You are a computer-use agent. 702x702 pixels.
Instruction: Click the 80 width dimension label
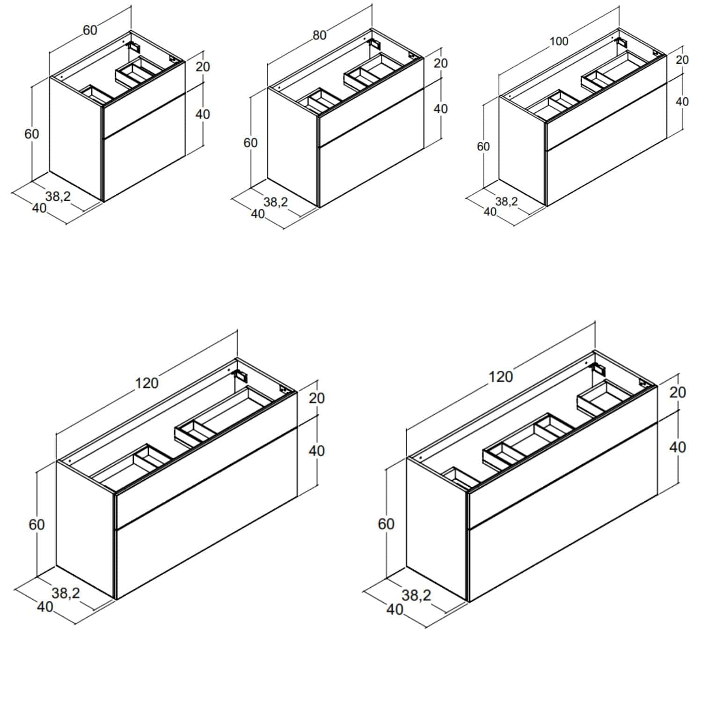click(x=319, y=35)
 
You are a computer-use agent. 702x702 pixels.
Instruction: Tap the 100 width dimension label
click(x=558, y=42)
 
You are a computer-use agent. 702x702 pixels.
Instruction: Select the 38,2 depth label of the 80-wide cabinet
click(x=276, y=202)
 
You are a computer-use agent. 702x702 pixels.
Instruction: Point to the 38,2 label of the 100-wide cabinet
click(x=506, y=201)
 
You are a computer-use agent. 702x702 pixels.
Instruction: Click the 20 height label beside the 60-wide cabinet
click(x=203, y=66)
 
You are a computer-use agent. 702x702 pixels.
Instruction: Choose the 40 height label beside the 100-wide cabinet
click(x=682, y=101)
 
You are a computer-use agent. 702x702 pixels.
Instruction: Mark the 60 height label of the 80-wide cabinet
click(x=250, y=143)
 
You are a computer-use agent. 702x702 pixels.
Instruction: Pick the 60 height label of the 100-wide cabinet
click(x=483, y=146)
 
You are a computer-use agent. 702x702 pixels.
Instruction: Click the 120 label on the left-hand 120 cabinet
click(x=147, y=383)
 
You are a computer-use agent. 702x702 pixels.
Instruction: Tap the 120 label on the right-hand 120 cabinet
click(x=501, y=377)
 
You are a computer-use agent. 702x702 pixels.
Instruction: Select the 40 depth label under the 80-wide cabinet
click(x=258, y=214)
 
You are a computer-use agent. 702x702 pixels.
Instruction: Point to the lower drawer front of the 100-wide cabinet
click(x=607, y=145)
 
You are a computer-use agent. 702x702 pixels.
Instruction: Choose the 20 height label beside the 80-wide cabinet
click(x=440, y=63)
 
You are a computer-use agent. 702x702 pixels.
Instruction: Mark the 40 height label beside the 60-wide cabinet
click(x=203, y=114)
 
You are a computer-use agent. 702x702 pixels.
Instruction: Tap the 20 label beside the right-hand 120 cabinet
click(x=677, y=392)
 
